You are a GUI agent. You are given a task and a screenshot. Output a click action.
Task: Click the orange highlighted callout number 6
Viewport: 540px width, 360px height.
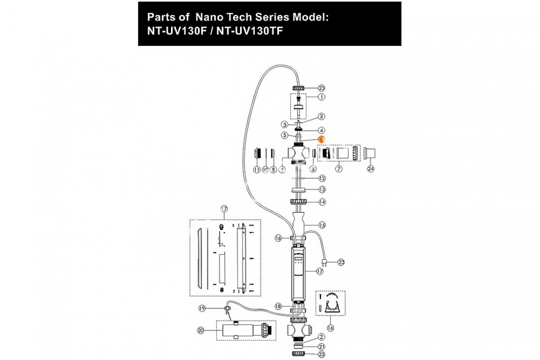click(321, 140)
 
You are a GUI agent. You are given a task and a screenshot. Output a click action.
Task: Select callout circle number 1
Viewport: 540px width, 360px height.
click(321, 97)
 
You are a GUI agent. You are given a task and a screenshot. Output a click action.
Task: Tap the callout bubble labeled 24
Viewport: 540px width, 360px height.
click(371, 170)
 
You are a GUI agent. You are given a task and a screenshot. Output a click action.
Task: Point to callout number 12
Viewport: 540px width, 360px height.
click(321, 178)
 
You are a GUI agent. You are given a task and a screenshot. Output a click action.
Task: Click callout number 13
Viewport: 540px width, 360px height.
click(321, 189)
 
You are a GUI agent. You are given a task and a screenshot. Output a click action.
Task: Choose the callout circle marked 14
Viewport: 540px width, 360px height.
click(321, 202)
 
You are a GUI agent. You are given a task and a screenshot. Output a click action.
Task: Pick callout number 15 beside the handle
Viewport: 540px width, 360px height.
click(321, 225)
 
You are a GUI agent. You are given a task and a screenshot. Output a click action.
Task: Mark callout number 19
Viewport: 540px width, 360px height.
click(202, 308)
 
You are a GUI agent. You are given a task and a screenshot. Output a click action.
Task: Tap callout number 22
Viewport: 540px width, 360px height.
click(321, 355)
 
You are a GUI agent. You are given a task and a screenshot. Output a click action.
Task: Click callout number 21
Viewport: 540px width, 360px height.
click(321, 346)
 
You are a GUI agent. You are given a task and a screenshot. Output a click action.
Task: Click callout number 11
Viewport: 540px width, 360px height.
click(256, 170)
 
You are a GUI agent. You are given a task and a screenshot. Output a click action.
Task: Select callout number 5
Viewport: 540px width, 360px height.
click(284, 135)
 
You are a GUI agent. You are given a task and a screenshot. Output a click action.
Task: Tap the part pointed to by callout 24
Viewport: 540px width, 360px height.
click(372, 153)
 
